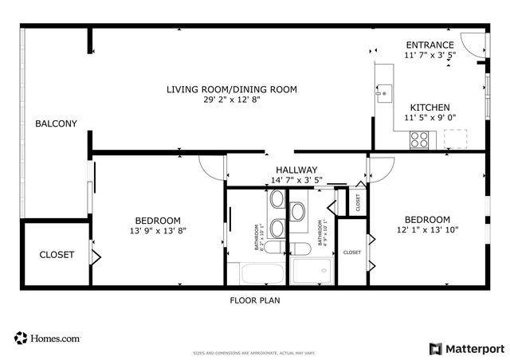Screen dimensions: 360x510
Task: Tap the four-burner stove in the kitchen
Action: click(419, 140)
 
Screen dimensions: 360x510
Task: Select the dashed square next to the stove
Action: click(456, 139)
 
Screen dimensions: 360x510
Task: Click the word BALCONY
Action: click(56, 123)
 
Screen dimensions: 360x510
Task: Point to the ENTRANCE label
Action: click(430, 45)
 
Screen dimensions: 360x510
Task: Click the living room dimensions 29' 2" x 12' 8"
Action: click(231, 100)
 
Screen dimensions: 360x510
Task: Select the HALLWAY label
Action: click(296, 170)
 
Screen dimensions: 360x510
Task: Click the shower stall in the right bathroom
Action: click(312, 272)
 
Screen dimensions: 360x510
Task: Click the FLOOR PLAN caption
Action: click(254, 301)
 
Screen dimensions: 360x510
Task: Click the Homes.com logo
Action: click(47, 338)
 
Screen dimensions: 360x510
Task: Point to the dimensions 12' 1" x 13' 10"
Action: click(427, 230)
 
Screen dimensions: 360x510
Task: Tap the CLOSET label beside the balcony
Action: click(57, 255)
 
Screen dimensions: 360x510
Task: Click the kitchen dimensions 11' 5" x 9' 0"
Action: click(430, 118)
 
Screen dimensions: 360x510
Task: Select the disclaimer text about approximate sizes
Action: click(254, 353)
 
